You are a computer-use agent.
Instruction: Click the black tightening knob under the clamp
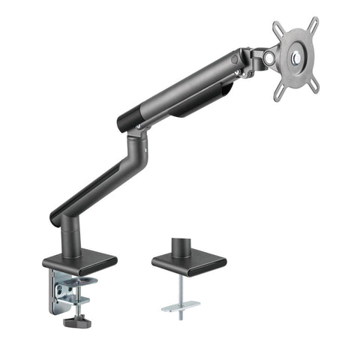coord(73,325)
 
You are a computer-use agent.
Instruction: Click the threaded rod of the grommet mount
coord(180,289)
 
